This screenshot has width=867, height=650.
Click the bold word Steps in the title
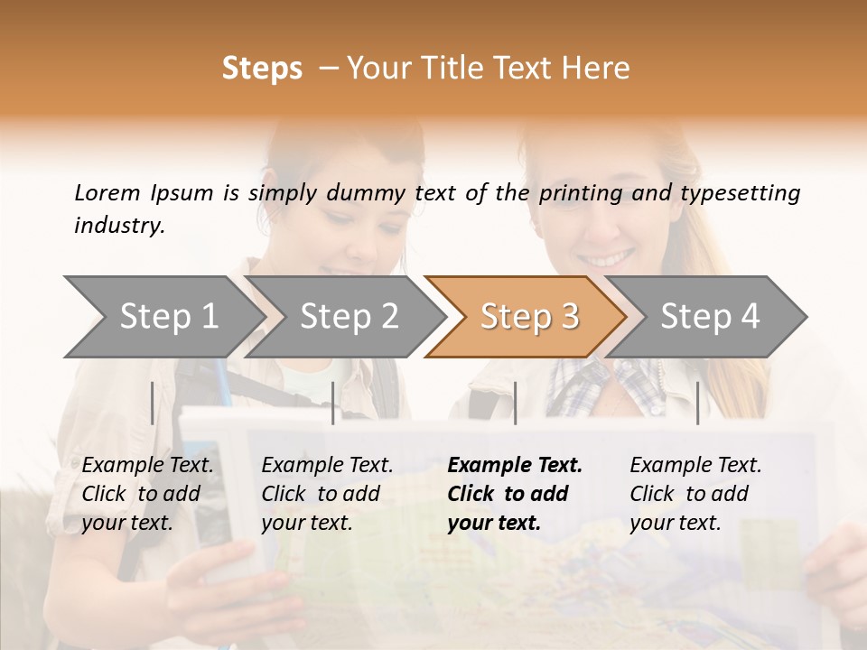tap(262, 69)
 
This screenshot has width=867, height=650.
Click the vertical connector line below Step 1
tap(152, 403)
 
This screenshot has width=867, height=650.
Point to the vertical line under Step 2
tap(333, 403)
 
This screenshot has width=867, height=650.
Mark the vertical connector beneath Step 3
tap(515, 403)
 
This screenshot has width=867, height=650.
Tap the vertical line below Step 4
tap(697, 403)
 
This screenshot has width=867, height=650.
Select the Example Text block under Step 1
tap(147, 494)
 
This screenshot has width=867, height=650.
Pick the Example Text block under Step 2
tap(327, 494)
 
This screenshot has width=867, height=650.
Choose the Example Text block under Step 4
tap(695, 494)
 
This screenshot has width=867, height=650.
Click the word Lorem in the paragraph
tap(107, 192)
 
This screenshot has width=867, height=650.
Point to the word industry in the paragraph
tap(119, 225)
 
